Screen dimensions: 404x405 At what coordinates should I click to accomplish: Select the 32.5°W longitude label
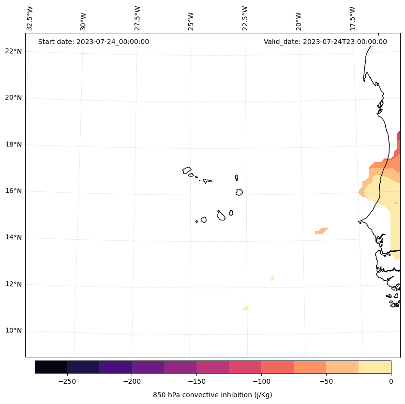(x=30, y=18)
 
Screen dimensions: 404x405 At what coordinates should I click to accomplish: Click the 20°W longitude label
(x=299, y=20)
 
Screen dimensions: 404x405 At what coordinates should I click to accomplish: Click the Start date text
(x=93, y=42)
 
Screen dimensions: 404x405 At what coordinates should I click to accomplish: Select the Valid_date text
(x=325, y=42)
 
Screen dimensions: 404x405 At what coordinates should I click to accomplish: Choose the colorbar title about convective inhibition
(x=212, y=395)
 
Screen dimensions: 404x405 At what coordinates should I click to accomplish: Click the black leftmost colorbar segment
(x=51, y=367)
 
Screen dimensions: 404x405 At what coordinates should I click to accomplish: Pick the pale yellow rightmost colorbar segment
(x=375, y=367)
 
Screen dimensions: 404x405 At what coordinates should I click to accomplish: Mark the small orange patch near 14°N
(x=321, y=231)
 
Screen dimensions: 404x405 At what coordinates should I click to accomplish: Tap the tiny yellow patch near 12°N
(x=273, y=278)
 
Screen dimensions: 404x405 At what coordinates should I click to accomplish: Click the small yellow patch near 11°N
(x=246, y=308)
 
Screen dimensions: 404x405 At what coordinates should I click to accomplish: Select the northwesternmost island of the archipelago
(x=187, y=170)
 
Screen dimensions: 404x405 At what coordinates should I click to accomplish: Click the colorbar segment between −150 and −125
(x=212, y=367)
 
